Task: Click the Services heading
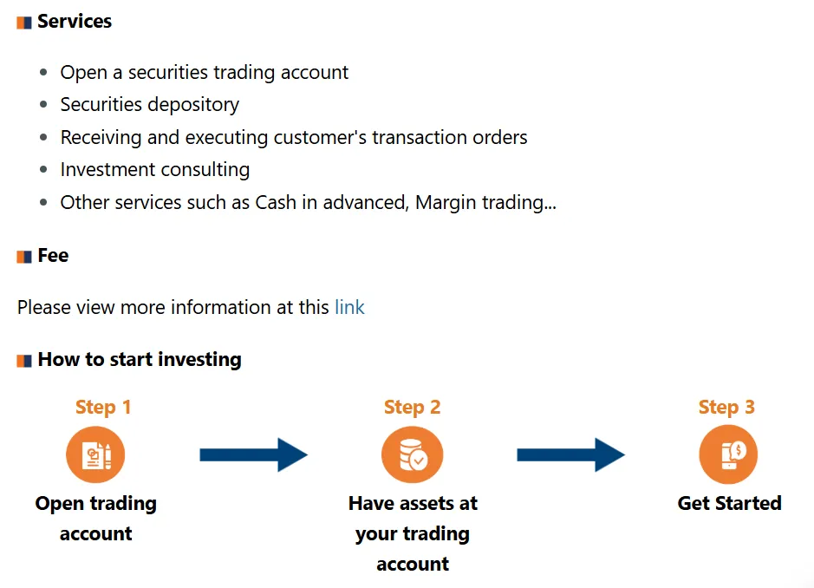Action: [x=75, y=22]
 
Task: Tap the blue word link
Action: [x=349, y=307]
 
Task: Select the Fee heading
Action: [x=53, y=256]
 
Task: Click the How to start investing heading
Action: [x=140, y=360]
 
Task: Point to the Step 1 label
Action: [x=103, y=408]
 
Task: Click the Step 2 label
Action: [x=412, y=408]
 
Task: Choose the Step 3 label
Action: [x=726, y=408]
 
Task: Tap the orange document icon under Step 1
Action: [x=95, y=454]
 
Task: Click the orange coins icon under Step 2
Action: [x=413, y=454]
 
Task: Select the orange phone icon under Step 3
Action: [x=728, y=454]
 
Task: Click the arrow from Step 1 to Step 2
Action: [x=253, y=454]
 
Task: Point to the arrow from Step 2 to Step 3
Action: [x=570, y=454]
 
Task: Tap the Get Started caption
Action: [x=729, y=504]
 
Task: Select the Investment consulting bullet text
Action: [x=154, y=170]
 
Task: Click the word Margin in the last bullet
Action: [x=446, y=203]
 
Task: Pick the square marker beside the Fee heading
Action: [x=24, y=257]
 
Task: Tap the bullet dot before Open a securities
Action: [x=44, y=73]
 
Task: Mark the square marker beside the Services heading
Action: [x=24, y=23]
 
